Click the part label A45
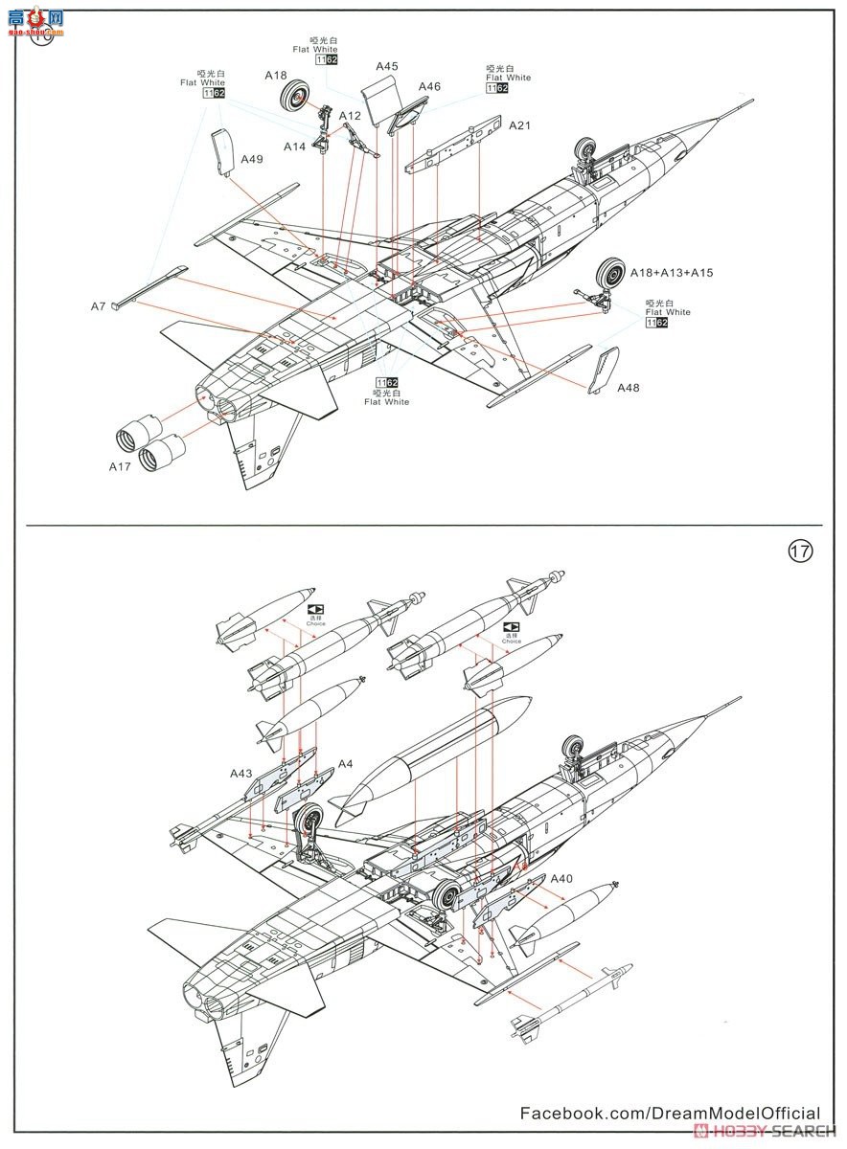point(387,66)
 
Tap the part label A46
point(429,87)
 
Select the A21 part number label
point(519,125)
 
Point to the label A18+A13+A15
point(671,273)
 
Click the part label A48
point(628,388)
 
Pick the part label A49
point(252,159)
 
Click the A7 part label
point(98,305)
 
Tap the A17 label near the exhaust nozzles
point(120,466)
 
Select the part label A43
point(240,773)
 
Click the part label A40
point(561,878)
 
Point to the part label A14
point(294,146)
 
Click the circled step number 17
point(800,552)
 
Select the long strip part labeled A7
point(149,287)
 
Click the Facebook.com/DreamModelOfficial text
point(670,1113)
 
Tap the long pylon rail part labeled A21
point(454,145)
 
